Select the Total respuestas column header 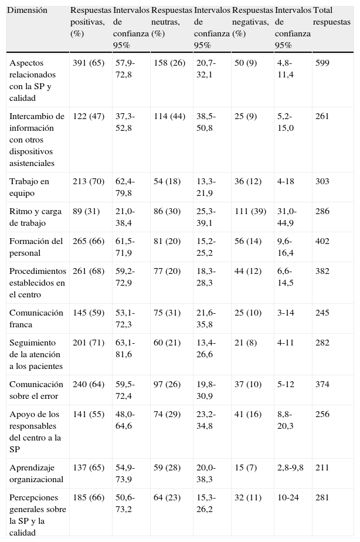[x=332, y=16]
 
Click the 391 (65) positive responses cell [x=88, y=63]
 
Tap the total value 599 [x=322, y=63]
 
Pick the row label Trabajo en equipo [x=29, y=187]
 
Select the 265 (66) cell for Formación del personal [x=88, y=241]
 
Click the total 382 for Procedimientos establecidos [x=322, y=271]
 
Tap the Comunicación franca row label [x=36, y=319]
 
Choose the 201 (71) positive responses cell [x=88, y=343]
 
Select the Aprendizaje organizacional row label [x=36, y=473]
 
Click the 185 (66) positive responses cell [x=88, y=498]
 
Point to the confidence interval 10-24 [x=288, y=498]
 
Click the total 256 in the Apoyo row [x=322, y=414]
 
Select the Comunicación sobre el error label [x=36, y=390]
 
